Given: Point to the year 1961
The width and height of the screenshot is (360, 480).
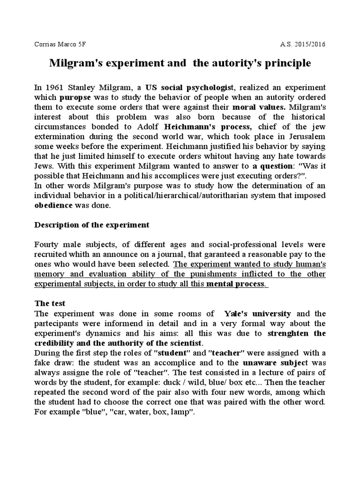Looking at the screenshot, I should [53, 88].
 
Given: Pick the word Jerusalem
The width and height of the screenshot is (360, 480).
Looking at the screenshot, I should [304, 137].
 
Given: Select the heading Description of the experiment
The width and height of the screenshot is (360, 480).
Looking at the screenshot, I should [92, 225].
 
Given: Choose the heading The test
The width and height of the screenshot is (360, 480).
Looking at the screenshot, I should [50, 304].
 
